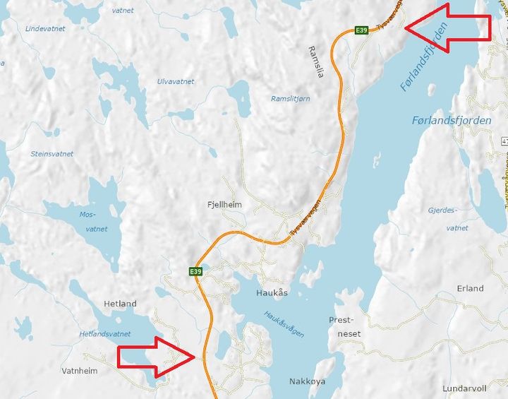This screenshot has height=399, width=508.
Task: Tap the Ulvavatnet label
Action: pyautogui.click(x=176, y=81)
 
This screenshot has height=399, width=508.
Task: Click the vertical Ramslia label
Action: pyautogui.click(x=315, y=61)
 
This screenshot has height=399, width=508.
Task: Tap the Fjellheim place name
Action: pyautogui.click(x=225, y=205)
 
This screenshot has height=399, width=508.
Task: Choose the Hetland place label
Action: pyautogui.click(x=120, y=304)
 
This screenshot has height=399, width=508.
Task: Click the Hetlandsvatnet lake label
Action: pyautogui.click(x=105, y=333)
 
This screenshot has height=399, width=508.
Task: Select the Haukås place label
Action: pyautogui.click(x=272, y=292)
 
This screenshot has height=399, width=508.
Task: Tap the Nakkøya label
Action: pyautogui.click(x=308, y=381)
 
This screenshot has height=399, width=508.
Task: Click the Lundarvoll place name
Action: pyautogui.click(x=464, y=388)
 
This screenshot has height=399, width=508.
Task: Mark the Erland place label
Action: pyautogui.click(x=470, y=288)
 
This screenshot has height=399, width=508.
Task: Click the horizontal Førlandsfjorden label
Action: pyautogui.click(x=451, y=121)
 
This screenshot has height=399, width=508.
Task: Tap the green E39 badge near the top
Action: pyautogui.click(x=361, y=30)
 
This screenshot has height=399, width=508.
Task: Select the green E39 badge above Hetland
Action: pyautogui.click(x=195, y=271)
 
